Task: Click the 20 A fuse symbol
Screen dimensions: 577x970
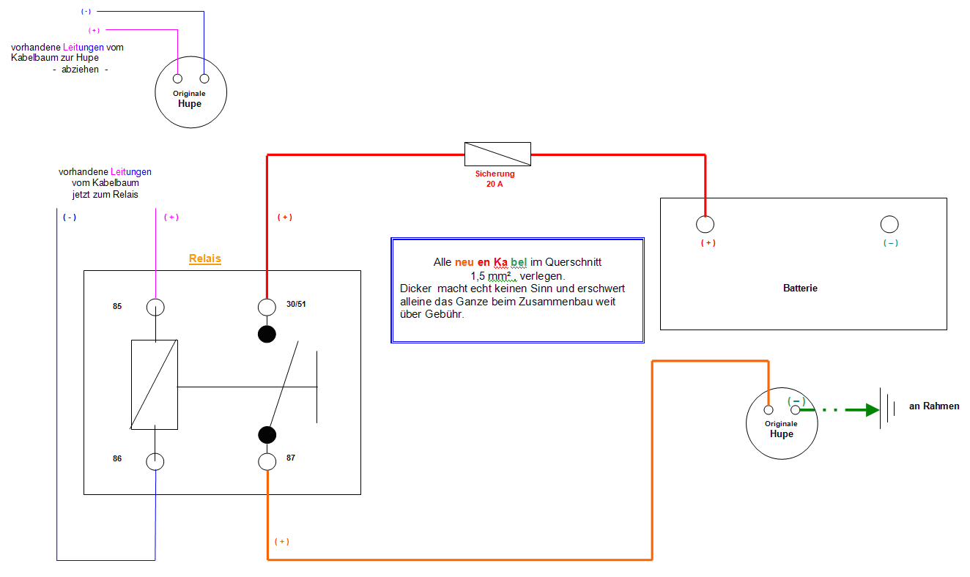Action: (497, 155)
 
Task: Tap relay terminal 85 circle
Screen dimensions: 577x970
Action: (155, 307)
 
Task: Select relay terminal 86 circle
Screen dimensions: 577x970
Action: (155, 461)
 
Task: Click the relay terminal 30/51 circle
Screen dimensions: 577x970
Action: (267, 307)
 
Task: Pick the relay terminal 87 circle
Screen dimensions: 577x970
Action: (267, 461)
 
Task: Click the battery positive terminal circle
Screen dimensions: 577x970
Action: (705, 224)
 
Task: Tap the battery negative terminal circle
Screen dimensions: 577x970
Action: (889, 224)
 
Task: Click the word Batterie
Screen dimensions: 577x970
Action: (800, 288)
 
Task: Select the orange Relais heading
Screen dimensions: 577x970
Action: (205, 259)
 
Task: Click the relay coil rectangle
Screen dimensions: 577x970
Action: (155, 384)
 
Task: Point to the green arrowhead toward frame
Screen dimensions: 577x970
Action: (872, 410)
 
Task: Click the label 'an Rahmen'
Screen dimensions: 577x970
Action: (934, 406)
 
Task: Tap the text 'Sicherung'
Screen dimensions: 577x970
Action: (495, 174)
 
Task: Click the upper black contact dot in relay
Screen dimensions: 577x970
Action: (267, 335)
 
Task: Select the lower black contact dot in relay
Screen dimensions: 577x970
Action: (267, 435)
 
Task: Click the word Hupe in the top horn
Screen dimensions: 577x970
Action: (190, 104)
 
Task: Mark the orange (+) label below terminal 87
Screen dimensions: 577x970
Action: (282, 542)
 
